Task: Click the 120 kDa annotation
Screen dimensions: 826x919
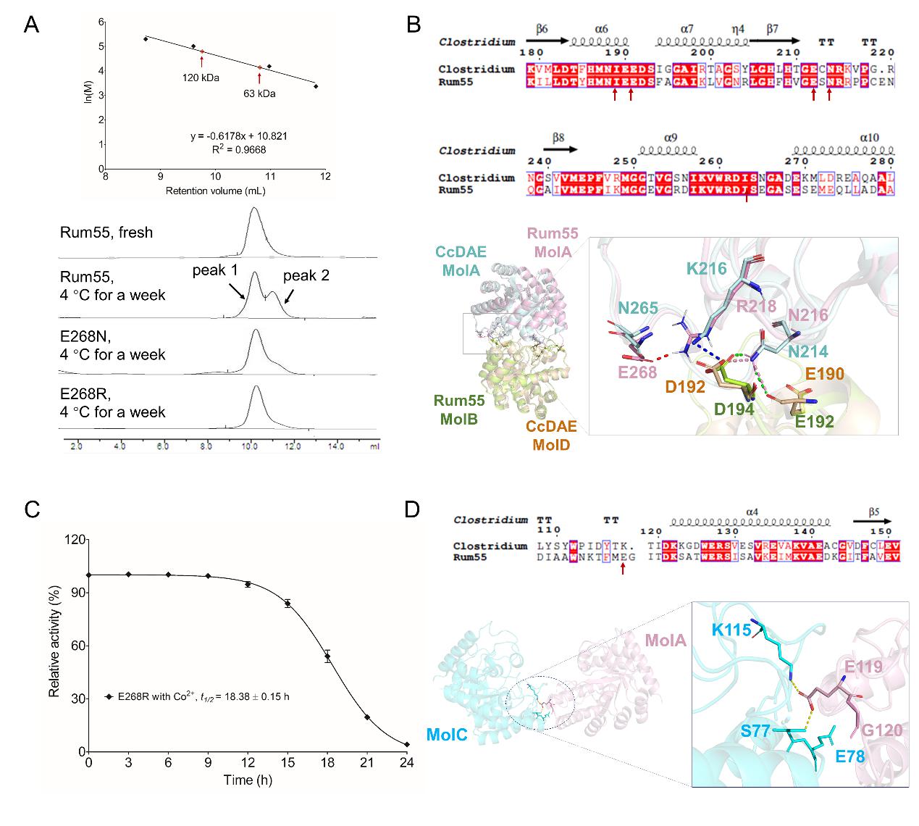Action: coord(201,78)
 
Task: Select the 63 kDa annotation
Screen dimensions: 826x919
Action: coord(259,93)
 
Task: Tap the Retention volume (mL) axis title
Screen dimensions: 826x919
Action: coord(215,191)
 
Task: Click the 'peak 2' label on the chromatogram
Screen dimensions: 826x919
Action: coord(306,276)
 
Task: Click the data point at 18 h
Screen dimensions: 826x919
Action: coord(327,657)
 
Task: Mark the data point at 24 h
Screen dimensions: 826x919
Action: coord(406,744)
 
